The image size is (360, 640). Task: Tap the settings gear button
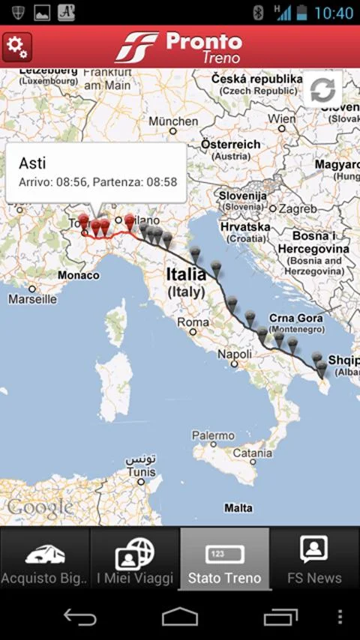[16, 47]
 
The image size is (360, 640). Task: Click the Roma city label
[193, 323]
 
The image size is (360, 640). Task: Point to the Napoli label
[234, 354]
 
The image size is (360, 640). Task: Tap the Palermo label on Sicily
[213, 435]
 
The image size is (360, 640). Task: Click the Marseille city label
[32, 299]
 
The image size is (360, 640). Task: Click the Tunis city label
[141, 472]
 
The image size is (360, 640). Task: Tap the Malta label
[238, 508]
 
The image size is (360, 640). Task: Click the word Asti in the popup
[32, 162]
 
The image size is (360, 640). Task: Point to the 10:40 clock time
[334, 13]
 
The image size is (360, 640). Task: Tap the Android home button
[180, 617]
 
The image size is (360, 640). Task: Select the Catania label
[252, 453]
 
